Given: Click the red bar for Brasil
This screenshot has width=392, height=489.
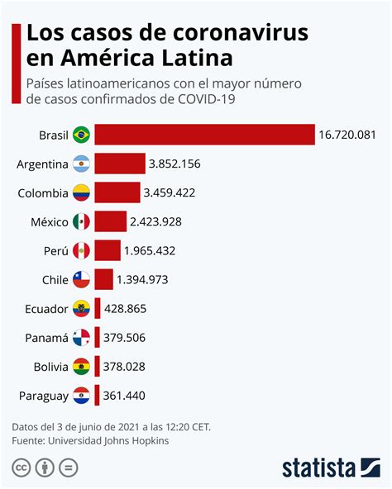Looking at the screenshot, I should tap(204, 135).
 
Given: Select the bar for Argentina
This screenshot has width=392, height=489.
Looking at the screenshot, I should tap(119, 164).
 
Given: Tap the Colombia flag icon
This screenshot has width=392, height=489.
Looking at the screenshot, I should tap(81, 193).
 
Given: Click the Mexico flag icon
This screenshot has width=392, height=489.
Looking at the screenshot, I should tap(81, 221).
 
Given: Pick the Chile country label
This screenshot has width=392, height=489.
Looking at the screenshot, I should tap(54, 280).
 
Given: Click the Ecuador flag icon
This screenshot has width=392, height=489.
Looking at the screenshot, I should tap(81, 309).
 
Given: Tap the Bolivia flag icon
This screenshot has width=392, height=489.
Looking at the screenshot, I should tap(81, 367).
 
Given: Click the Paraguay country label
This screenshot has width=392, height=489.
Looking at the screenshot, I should tap(42, 396).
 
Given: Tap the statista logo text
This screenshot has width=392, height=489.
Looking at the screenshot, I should tap(318, 468).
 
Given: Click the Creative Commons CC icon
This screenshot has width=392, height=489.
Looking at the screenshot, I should tap(20, 468).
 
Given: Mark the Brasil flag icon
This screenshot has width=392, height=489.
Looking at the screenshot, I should tap(81, 135).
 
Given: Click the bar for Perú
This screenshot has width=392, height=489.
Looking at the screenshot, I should tap(107, 250).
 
